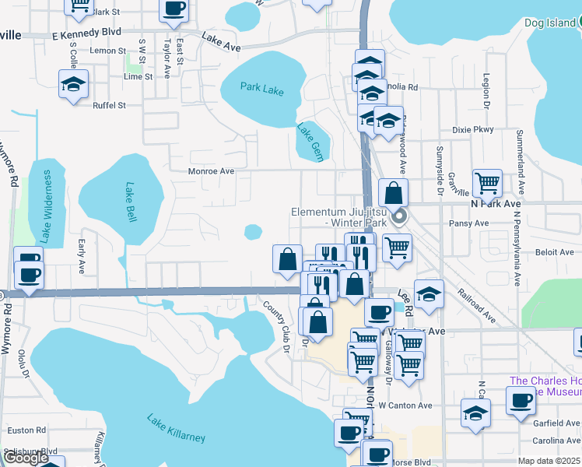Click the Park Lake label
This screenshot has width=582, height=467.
262,90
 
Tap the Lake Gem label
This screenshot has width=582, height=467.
310,139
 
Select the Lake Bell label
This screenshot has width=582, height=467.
131,202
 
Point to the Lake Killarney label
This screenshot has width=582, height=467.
177,428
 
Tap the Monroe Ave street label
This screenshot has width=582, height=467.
211,171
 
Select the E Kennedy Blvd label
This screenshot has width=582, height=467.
86,33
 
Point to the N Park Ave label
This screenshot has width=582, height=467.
495,203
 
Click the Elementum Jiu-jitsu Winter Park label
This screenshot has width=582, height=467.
344,217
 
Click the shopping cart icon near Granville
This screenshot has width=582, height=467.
487,184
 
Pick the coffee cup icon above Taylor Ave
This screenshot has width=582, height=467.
174,9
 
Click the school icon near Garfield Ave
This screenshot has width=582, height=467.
475,413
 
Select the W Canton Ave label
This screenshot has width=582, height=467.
405,406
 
